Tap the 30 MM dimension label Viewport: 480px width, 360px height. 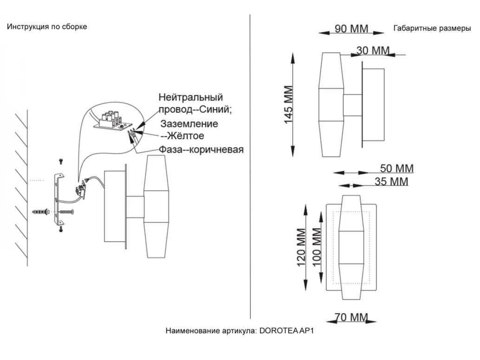372,51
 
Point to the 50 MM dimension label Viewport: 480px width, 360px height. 396,168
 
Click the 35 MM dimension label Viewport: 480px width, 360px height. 392,182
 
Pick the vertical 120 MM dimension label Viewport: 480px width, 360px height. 301,247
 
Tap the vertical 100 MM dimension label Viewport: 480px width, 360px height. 316,247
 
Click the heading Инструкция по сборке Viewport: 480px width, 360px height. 47,27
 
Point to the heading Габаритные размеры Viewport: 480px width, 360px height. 432,29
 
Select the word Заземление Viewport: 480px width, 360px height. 189,124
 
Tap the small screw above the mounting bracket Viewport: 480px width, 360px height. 61,161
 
